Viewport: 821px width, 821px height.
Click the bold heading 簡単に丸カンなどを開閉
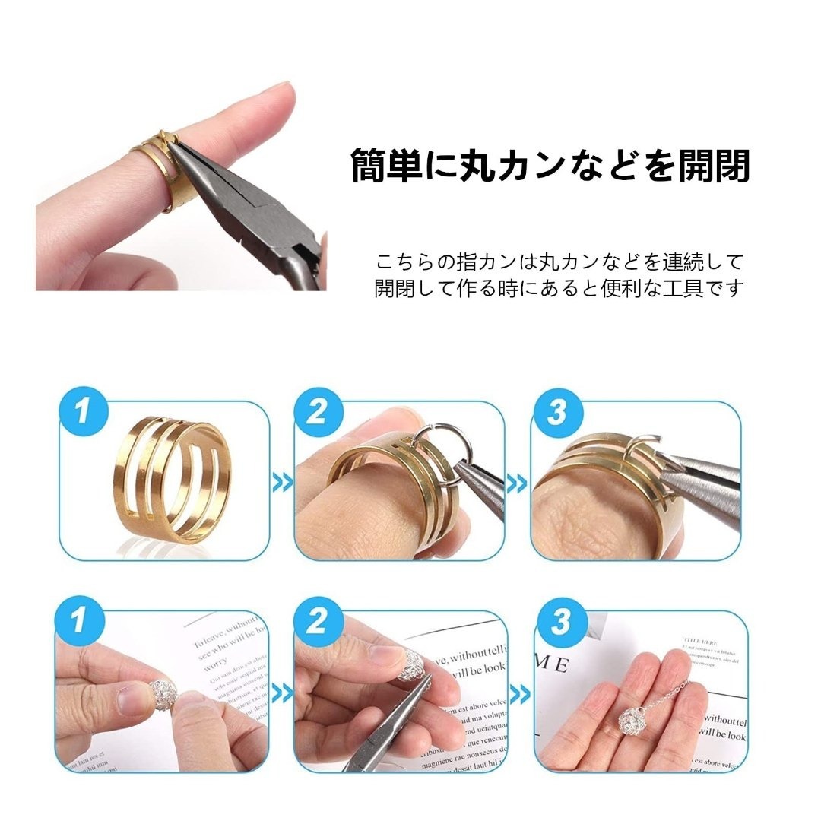click(x=550, y=166)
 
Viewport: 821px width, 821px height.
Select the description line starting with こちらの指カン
click(x=559, y=263)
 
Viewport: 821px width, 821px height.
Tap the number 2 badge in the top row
click(x=317, y=413)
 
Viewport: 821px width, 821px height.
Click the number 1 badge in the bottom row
click(x=78, y=621)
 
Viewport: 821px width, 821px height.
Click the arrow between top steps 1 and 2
click(x=282, y=482)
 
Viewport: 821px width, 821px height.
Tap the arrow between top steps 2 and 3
click(x=518, y=482)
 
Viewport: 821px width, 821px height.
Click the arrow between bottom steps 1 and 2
click(x=282, y=693)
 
